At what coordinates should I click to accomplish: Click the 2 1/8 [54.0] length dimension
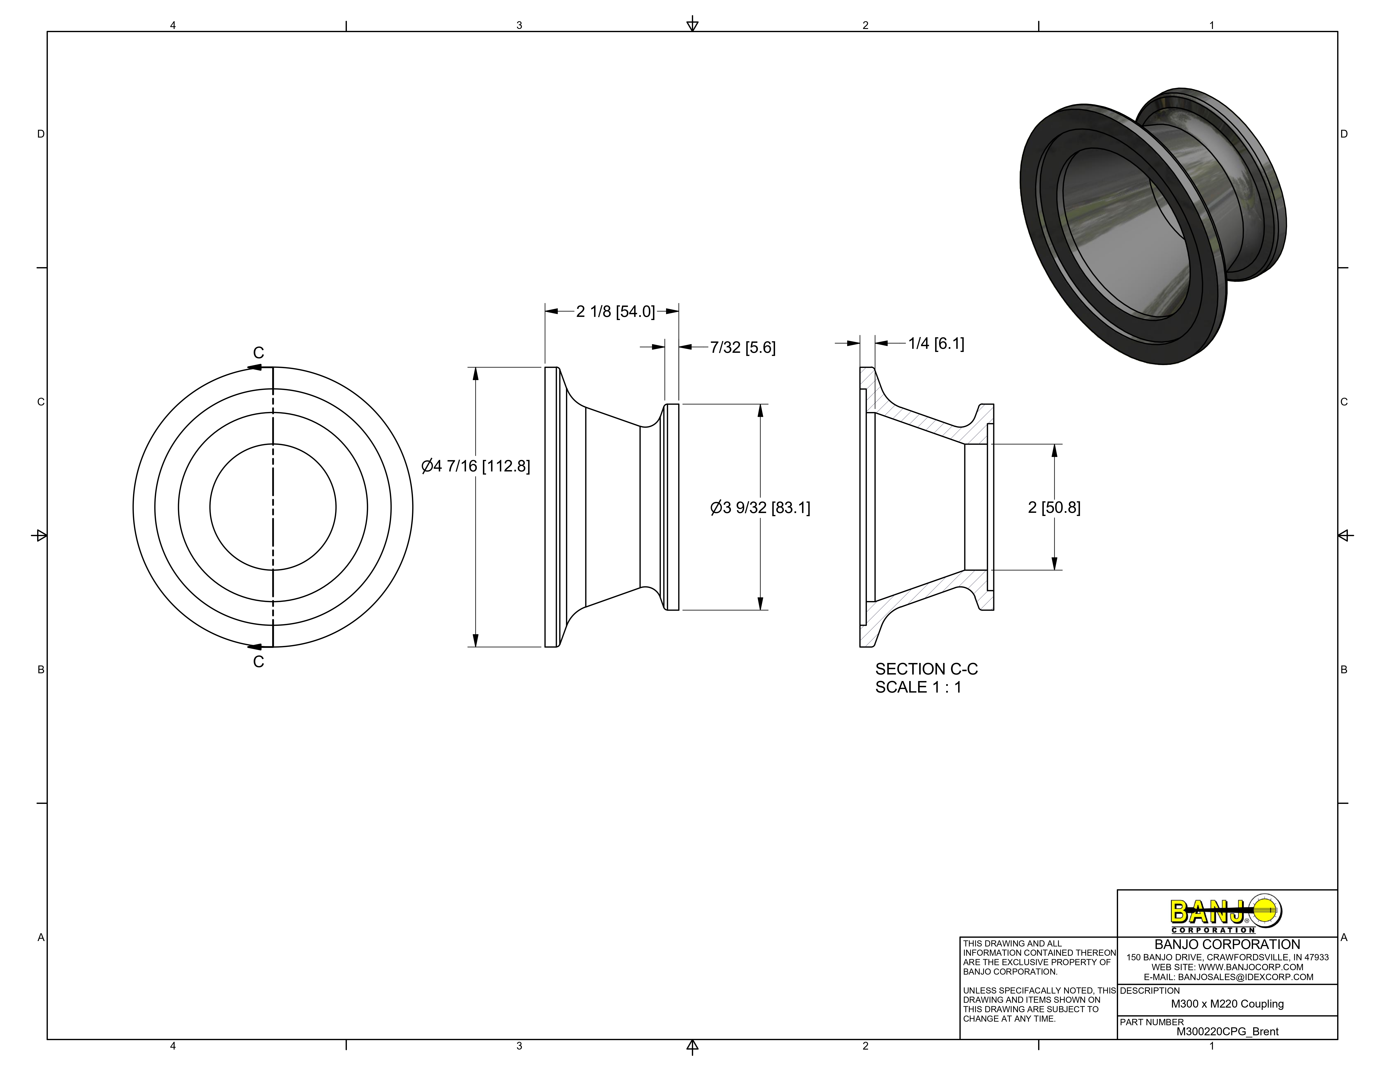tap(615, 311)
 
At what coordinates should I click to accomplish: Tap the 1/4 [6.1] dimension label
tap(935, 344)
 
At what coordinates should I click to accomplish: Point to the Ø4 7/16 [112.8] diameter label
tap(476, 466)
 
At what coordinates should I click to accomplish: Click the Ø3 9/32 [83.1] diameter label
tap(760, 508)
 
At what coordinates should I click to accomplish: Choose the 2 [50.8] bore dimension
tap(1054, 508)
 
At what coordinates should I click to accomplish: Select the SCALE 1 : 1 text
tap(918, 687)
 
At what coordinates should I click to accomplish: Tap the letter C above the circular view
tap(258, 353)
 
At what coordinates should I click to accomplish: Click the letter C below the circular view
tap(258, 662)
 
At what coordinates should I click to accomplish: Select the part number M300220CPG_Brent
tap(1227, 1032)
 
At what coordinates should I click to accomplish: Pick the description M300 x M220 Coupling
tap(1227, 1004)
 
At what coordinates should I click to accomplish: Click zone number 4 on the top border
tap(172, 25)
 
